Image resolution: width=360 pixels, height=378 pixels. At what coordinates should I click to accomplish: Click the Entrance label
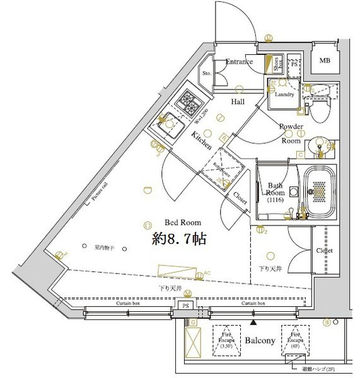239,62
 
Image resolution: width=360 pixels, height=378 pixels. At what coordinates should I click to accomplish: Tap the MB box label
324,61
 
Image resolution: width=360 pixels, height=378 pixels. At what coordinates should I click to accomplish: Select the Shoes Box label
276,63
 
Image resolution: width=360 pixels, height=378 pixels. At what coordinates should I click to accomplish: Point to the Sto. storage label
206,74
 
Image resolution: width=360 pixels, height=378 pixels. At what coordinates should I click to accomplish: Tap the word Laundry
284,95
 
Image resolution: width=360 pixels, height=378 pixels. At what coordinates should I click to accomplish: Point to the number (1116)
275,200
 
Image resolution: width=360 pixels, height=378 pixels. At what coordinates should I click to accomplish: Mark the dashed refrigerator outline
217,166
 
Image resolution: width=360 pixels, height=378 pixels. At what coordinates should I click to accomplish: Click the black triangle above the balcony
253,322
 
